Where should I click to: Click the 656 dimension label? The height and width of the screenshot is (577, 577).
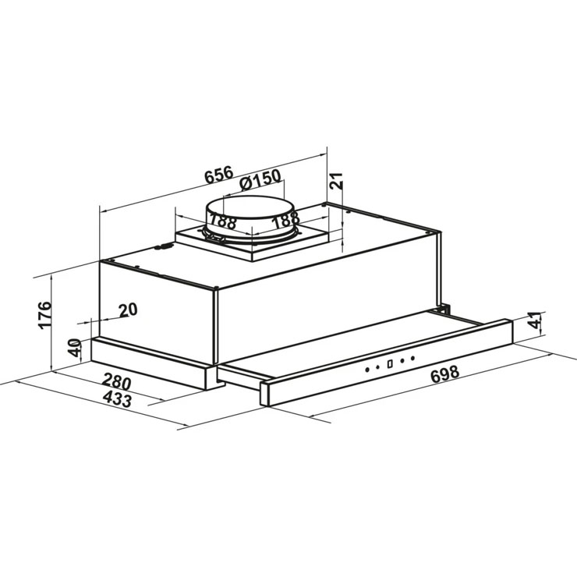click(219, 175)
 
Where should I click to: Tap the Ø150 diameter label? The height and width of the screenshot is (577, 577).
click(260, 179)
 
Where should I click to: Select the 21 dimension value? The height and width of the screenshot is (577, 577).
click(335, 181)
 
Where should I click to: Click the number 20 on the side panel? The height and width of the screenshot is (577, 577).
click(128, 310)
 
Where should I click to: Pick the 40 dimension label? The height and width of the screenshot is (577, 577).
click(76, 348)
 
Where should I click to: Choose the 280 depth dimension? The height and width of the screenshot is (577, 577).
click(117, 381)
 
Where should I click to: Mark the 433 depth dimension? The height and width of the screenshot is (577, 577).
click(117, 399)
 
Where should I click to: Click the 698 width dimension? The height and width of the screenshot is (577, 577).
click(444, 373)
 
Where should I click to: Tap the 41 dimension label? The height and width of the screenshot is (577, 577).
click(534, 320)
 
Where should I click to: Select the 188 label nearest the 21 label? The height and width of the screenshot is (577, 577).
click(285, 221)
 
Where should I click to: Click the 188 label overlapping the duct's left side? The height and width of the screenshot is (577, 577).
click(222, 221)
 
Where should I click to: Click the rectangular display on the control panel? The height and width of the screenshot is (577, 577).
click(390, 363)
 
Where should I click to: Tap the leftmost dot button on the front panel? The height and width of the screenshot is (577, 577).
click(367, 370)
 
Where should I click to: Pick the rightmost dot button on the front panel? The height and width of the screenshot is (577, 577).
click(412, 358)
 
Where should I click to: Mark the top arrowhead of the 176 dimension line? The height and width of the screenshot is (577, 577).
click(52, 278)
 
